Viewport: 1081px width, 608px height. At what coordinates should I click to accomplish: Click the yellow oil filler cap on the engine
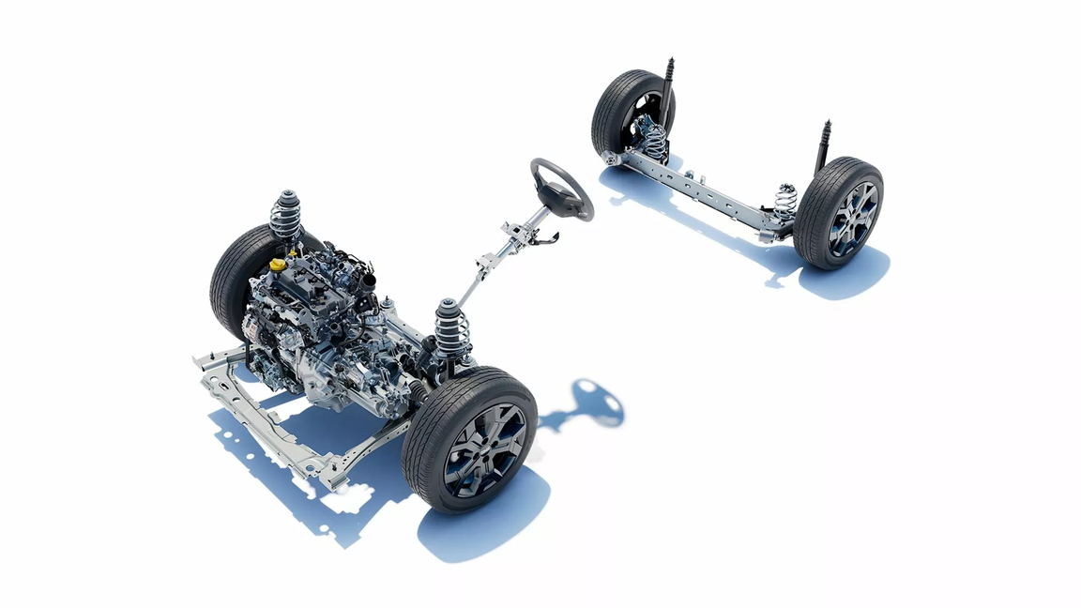277,266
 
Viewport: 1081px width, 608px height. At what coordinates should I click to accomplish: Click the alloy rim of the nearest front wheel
485,448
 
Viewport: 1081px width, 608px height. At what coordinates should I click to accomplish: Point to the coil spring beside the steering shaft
451,329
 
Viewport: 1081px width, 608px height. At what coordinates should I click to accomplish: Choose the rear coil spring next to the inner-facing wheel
654,141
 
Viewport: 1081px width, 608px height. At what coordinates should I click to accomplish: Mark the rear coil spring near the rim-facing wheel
785,201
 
